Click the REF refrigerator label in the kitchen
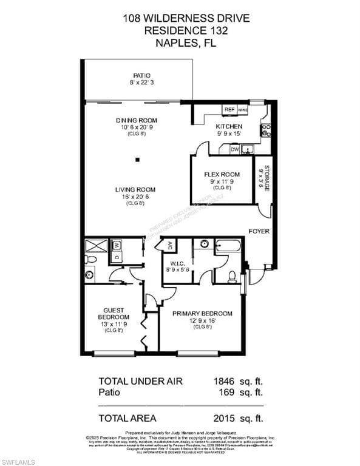click(x=229, y=110)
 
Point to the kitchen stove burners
click(x=266, y=130)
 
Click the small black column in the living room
click(x=137, y=160)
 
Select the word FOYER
click(x=259, y=231)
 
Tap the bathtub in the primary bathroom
click(x=228, y=246)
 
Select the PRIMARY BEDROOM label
click(x=202, y=313)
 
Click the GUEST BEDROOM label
click(x=114, y=312)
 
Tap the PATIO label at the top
click(x=141, y=76)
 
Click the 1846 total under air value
click(x=225, y=381)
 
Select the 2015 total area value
click(x=225, y=417)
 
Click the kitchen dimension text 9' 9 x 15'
click(x=229, y=133)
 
